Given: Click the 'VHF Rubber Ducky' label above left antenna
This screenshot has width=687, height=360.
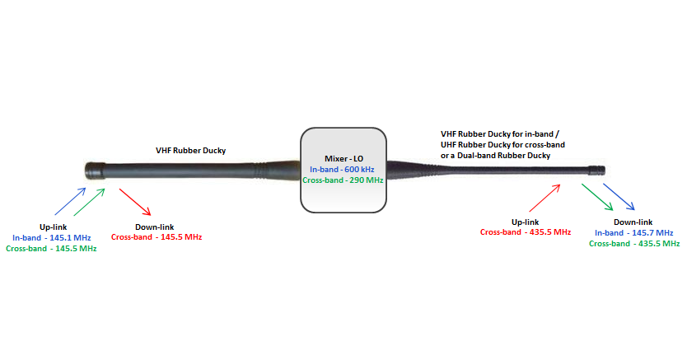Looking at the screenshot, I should [x=191, y=151].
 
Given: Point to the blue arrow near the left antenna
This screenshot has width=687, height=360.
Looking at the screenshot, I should [x=70, y=202].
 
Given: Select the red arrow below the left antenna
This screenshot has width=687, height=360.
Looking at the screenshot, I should [x=134, y=202].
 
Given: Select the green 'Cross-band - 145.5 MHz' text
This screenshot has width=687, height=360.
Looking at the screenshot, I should [x=51, y=248].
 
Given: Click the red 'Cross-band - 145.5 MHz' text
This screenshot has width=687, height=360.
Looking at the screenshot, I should [x=157, y=237].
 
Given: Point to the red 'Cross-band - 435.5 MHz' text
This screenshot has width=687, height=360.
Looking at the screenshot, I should [x=526, y=232].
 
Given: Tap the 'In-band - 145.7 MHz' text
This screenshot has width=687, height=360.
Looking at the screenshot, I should [x=634, y=233].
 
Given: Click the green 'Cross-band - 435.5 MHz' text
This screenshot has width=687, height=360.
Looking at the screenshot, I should [x=634, y=244].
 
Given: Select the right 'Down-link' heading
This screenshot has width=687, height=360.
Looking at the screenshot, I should [x=633, y=222].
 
